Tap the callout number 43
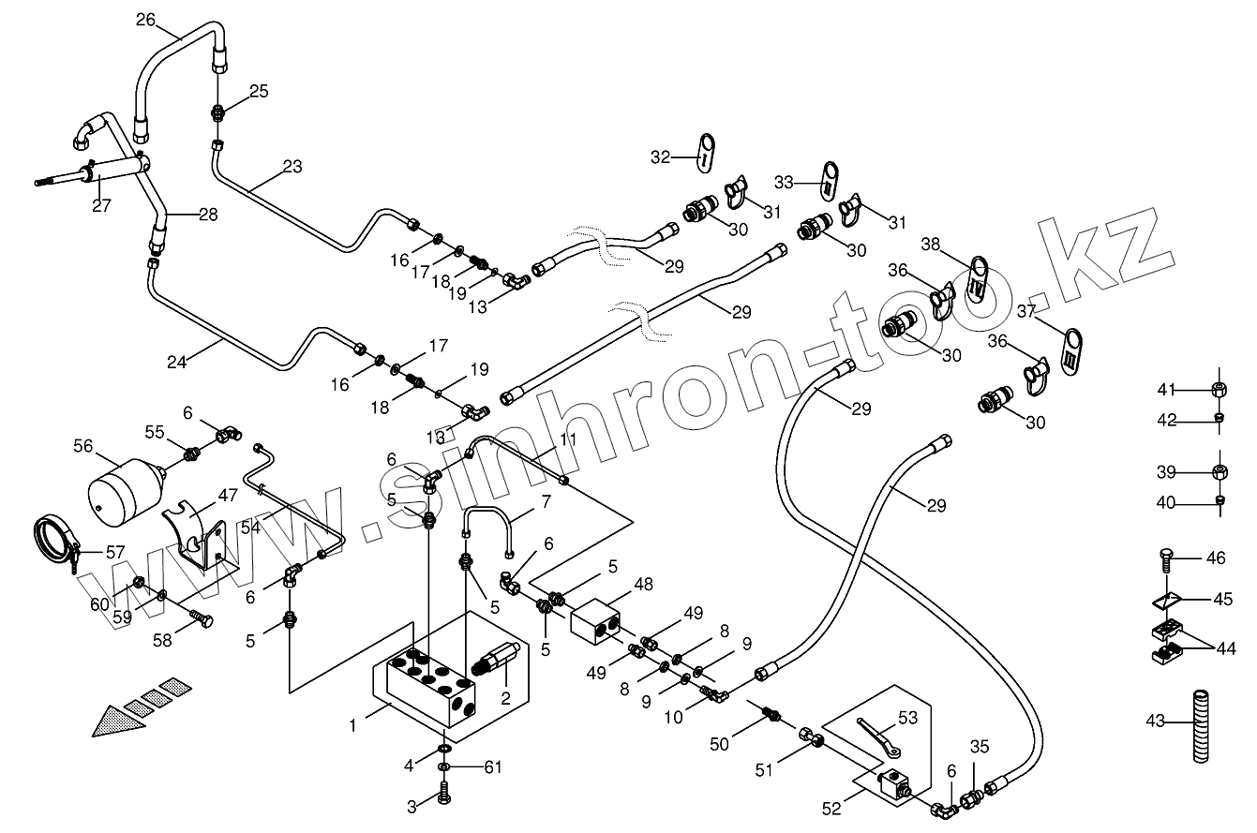click(x=1155, y=720)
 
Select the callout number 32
click(x=661, y=157)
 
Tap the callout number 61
click(x=492, y=767)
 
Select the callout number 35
click(x=980, y=747)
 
